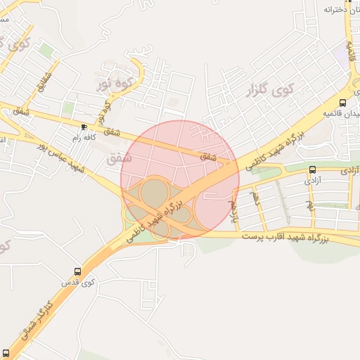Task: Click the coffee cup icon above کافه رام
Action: coord(85,127)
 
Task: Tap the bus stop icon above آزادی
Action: coord(312,169)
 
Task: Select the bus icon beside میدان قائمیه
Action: coord(342,103)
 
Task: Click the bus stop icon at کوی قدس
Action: coord(77,271)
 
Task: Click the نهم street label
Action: coord(309,205)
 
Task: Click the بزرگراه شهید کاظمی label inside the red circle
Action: coord(158,219)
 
